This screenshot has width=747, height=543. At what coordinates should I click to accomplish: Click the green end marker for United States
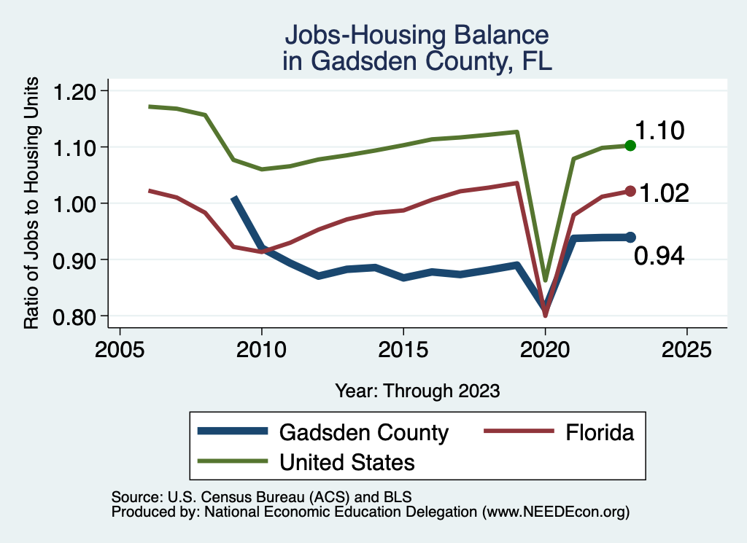click(x=630, y=146)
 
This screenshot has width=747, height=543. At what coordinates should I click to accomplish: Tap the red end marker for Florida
click(x=630, y=191)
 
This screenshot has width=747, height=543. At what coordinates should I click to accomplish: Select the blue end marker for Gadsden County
click(x=630, y=237)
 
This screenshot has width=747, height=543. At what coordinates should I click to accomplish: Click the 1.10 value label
click(x=659, y=131)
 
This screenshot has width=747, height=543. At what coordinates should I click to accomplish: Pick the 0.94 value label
click(x=659, y=256)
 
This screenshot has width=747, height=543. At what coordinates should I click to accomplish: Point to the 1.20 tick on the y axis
click(x=75, y=91)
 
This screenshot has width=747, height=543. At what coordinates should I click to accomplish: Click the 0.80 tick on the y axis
click(x=75, y=316)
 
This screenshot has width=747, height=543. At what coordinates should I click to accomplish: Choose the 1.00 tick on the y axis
click(x=75, y=203)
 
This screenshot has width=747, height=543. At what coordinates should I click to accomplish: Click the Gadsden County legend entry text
click(x=363, y=432)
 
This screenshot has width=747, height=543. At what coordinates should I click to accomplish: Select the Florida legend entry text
click(x=600, y=432)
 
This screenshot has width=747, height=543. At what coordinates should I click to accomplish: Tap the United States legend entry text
click(x=347, y=462)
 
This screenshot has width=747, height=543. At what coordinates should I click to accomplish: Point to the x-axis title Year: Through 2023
click(x=417, y=390)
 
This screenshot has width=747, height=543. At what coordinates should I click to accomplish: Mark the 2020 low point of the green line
click(x=545, y=280)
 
